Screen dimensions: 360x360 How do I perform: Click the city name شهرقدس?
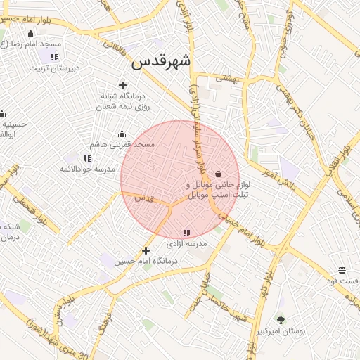161,62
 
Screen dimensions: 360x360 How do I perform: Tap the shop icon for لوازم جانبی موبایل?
219,174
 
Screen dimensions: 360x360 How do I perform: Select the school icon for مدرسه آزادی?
186,233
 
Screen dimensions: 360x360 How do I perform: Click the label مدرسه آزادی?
186,244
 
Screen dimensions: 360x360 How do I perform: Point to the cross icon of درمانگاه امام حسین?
146,250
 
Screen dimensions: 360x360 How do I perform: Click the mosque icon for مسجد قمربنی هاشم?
122,134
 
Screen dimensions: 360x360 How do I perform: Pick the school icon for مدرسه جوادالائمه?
87,159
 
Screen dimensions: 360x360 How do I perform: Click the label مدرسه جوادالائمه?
87,169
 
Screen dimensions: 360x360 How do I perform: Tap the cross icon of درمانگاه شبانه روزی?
122,85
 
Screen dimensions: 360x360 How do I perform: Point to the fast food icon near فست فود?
342,270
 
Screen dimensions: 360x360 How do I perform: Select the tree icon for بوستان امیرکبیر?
281,319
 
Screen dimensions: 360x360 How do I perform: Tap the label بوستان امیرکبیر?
281,330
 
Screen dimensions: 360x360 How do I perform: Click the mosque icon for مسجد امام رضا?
30,34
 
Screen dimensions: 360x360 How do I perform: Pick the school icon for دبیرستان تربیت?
54,57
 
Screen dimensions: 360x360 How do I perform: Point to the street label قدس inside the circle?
144,199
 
